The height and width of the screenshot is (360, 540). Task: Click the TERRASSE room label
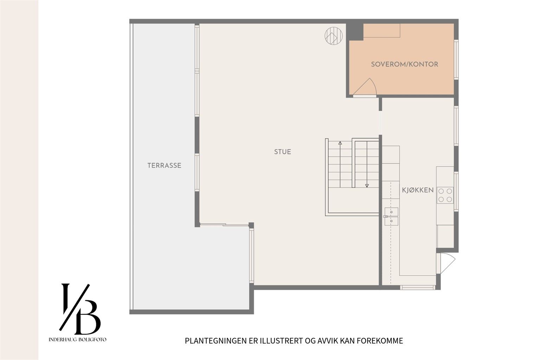tap(165, 166)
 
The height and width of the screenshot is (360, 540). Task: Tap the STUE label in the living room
tap(283, 152)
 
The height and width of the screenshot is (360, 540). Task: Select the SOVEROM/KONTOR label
tap(405, 64)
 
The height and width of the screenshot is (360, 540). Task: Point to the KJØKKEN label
tap(418, 190)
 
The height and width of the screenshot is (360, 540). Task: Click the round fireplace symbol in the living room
tap(334, 36)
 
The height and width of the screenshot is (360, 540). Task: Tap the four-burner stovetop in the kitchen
tap(445, 195)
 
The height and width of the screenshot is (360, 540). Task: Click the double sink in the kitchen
tap(391, 217)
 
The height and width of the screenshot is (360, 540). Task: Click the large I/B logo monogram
tap(80, 309)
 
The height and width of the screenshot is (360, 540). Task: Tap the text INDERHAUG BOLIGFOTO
tap(77, 340)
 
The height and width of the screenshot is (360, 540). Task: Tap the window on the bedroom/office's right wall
tap(456, 59)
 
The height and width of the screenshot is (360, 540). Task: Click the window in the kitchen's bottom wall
tap(418, 287)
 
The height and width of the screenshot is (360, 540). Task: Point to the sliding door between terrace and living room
tap(224, 225)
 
